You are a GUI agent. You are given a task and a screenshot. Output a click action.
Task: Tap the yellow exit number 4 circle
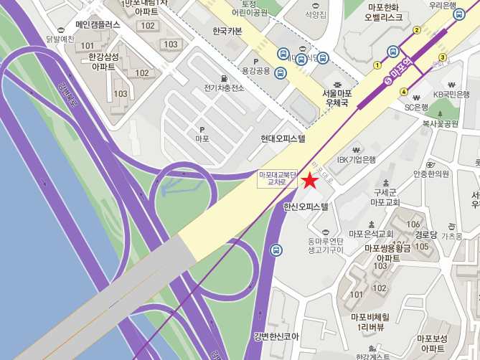click(404, 91)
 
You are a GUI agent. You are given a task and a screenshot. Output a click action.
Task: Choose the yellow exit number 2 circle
click(417, 29)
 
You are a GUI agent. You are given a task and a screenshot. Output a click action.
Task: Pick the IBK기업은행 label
click(357, 159)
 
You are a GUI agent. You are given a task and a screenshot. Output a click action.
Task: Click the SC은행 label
click(416, 108)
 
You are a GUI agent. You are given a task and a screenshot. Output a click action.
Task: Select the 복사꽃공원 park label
click(440, 123)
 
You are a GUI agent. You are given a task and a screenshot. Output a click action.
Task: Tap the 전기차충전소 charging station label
click(224, 88)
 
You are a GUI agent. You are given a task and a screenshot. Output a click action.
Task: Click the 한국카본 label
click(228, 31)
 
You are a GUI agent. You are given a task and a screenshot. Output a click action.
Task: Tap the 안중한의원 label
click(431, 174)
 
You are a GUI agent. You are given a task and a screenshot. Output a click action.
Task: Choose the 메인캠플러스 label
click(98, 24)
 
